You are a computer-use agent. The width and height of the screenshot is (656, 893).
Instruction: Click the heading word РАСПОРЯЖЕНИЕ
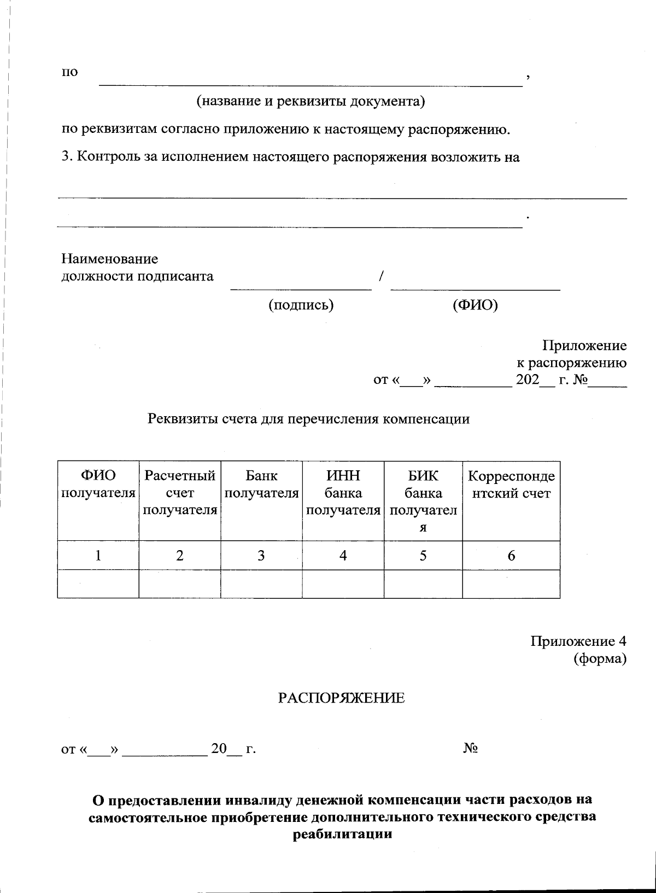[x=342, y=698]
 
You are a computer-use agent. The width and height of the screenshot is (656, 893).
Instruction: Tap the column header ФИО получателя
[x=98, y=485]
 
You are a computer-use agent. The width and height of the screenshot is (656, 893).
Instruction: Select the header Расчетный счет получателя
[x=180, y=493]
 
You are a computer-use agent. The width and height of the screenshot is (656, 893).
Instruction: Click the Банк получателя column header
[x=261, y=485]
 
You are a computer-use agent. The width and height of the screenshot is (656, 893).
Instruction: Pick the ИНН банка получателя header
[x=343, y=493]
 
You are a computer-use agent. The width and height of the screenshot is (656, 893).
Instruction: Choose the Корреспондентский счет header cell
[x=511, y=485]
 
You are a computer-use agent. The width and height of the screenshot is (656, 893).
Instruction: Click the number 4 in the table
[x=343, y=556]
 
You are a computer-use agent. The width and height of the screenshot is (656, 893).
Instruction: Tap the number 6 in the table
[x=511, y=556]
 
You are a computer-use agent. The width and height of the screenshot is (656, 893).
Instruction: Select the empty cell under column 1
[x=98, y=584]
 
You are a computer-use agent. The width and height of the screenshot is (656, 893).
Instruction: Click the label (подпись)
[x=301, y=305]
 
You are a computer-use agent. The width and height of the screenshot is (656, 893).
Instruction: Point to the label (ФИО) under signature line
[x=475, y=305]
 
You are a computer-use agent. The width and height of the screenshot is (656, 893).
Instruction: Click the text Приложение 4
[x=578, y=641]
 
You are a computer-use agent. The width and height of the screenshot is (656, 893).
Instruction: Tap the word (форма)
[x=600, y=659]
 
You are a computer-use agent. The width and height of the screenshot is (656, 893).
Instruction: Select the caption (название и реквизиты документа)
[x=311, y=101]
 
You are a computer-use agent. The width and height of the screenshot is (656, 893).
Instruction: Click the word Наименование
[x=109, y=258]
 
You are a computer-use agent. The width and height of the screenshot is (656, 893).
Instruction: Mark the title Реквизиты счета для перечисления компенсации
[x=309, y=419]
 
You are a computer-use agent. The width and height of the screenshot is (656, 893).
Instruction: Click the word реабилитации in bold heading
[x=343, y=835]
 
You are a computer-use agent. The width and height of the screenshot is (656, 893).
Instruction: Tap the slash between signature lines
[x=380, y=276]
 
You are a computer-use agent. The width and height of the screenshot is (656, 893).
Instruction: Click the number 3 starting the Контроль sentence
[x=65, y=157]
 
